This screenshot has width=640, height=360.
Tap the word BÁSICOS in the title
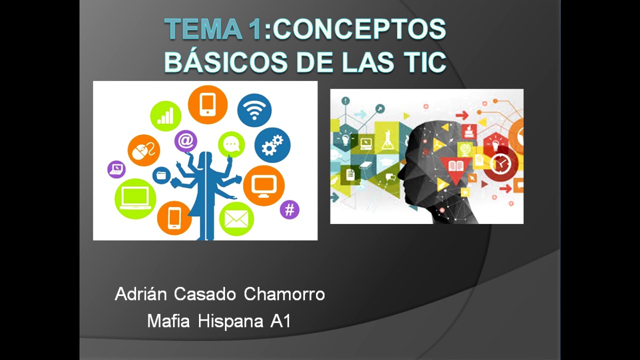pos(222,62)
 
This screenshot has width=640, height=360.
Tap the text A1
pos(280,321)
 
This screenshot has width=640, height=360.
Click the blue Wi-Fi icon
pos(254,110)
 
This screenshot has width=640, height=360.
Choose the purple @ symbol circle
pos(185,141)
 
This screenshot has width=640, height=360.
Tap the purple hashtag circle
pos(289,209)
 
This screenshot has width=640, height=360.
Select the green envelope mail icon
pos(236,218)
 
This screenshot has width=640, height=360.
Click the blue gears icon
pos(272,145)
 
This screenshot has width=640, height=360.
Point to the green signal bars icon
pos(165,116)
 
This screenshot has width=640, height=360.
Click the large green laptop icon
pos(135,198)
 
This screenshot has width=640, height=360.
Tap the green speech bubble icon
pos(231,144)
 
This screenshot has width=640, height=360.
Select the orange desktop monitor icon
pos(263,185)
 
